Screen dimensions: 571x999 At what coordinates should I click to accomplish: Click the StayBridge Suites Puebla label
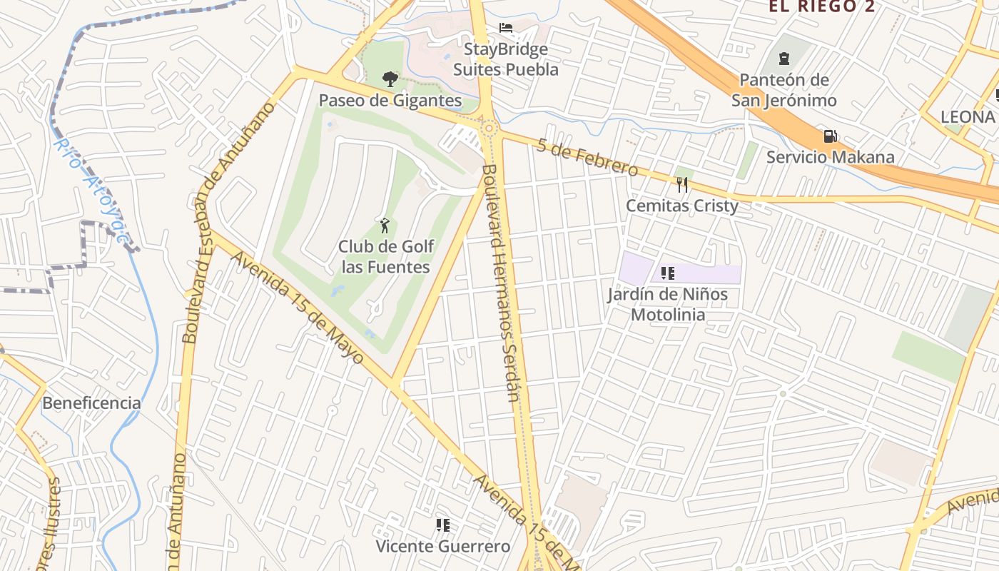click(x=506, y=59)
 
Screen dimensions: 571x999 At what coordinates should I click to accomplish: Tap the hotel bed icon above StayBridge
click(x=506, y=28)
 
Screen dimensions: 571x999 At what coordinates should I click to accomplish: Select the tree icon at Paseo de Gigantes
click(x=390, y=79)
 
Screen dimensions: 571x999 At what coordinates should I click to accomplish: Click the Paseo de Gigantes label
click(x=390, y=101)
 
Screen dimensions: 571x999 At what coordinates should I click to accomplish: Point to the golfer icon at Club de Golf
click(x=385, y=226)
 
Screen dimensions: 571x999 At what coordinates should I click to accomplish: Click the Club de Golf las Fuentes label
click(x=385, y=257)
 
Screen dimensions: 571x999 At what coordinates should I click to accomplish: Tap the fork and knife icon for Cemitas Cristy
click(x=682, y=185)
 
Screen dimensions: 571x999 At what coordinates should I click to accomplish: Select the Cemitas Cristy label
click(x=682, y=206)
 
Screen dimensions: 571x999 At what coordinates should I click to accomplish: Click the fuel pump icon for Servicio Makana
click(x=830, y=136)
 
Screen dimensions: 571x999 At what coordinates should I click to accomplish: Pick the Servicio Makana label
click(x=830, y=157)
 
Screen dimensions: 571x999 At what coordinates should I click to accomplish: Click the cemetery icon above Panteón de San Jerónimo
click(x=784, y=58)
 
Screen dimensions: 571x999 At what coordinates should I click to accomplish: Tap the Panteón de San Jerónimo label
click(x=784, y=90)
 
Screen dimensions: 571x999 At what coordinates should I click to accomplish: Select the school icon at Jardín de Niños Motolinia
click(x=668, y=273)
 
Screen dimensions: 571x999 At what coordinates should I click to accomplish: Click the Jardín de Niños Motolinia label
click(x=668, y=304)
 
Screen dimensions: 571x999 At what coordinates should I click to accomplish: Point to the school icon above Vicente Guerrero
click(x=442, y=525)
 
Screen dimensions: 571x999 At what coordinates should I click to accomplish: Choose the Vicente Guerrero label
click(x=443, y=547)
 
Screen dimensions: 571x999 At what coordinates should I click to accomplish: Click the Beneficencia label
click(x=91, y=403)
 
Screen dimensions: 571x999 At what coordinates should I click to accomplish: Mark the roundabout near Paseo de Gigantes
click(x=489, y=128)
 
